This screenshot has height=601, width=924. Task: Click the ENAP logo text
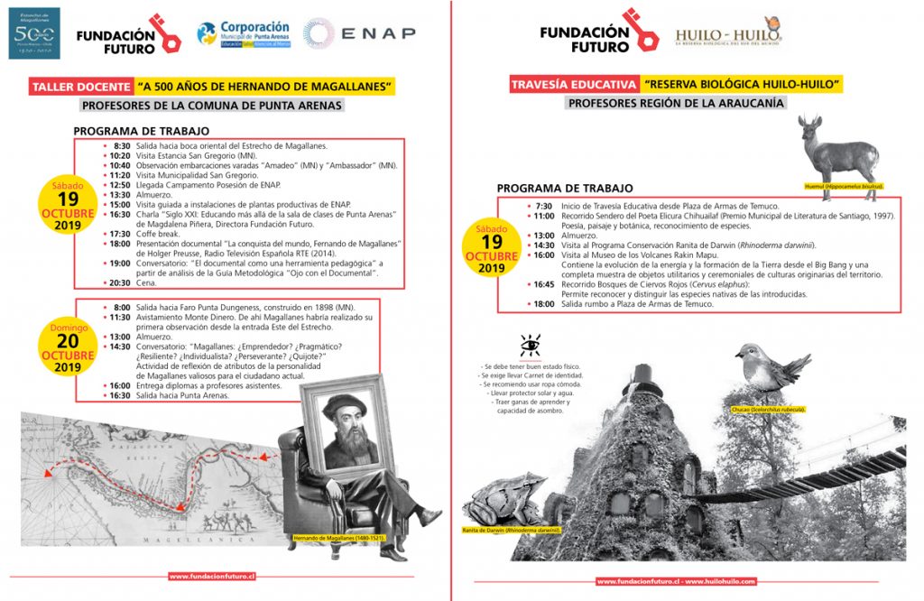(377, 33)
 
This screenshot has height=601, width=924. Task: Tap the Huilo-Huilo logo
(727, 33)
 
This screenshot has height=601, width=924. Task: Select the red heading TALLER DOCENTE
(79, 87)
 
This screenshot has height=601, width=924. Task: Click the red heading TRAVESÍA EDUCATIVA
(573, 85)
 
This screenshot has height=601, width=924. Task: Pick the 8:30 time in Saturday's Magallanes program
(122, 145)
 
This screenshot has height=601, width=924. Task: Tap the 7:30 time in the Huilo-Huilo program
(543, 206)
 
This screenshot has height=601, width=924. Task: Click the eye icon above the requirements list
(530, 346)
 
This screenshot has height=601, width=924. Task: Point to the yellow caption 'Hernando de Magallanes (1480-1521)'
(338, 540)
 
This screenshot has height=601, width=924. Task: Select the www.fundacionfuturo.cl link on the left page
(213, 575)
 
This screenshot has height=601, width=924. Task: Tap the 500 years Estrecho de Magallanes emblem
(34, 33)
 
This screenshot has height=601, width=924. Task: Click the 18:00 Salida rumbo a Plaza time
(543, 304)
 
